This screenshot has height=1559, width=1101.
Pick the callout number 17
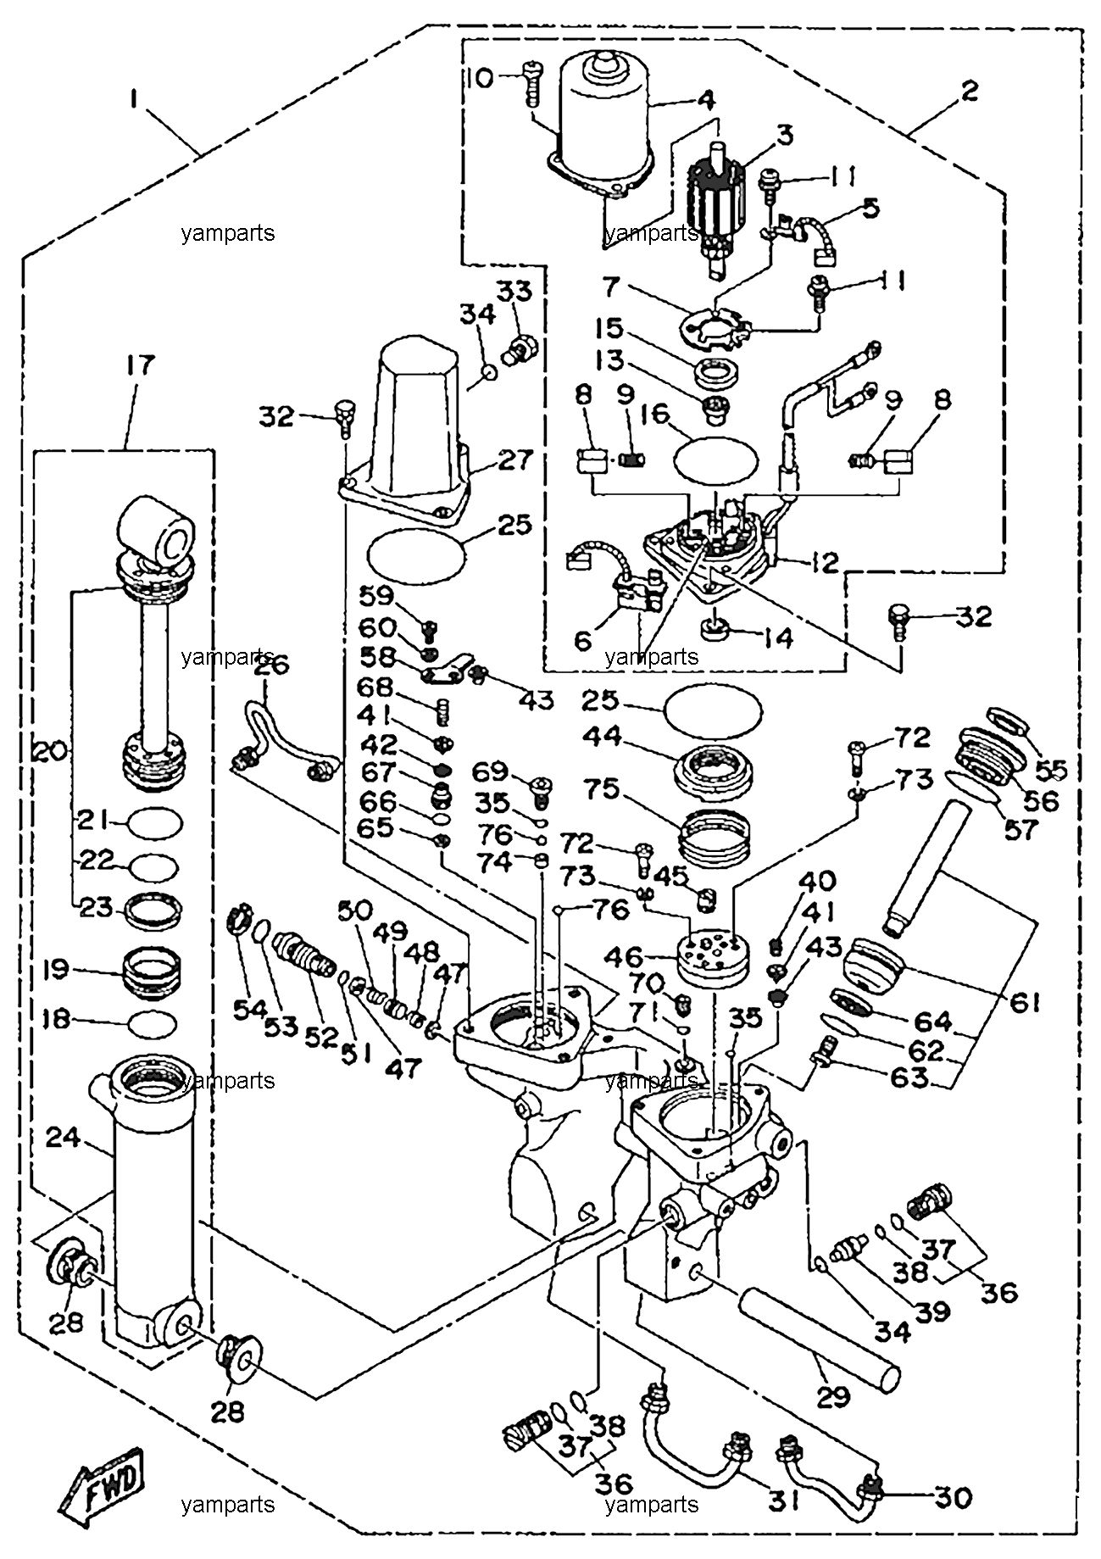click(x=141, y=366)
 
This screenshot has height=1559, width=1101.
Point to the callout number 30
click(x=953, y=1498)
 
